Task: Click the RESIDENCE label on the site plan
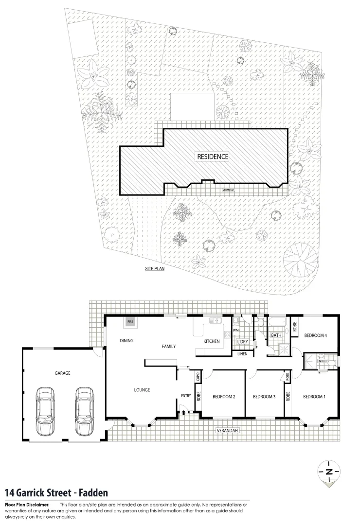[x=213, y=157]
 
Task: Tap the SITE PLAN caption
[x=154, y=268]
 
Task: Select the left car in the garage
[x=47, y=411]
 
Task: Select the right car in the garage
[x=84, y=411]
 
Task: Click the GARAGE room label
[x=62, y=373]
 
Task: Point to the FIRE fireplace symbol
[x=130, y=322]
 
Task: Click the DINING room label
[x=126, y=341]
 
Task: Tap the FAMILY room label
[x=168, y=346]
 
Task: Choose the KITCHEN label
[x=211, y=341]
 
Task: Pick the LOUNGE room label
[x=142, y=389]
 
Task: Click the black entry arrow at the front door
[x=183, y=412]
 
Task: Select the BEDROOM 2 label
[x=224, y=397]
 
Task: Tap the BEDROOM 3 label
[x=264, y=397]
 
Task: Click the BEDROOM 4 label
[x=315, y=335]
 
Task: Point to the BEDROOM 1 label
[x=314, y=397]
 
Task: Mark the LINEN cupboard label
[x=242, y=354]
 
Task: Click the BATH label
[x=276, y=335]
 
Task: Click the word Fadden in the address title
[x=90, y=493]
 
